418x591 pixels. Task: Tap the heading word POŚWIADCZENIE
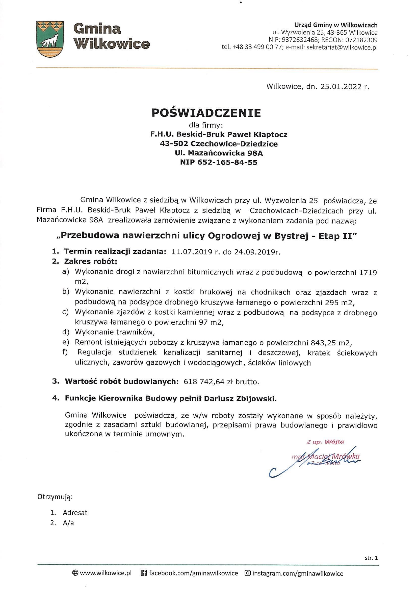click(x=206, y=113)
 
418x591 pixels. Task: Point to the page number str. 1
click(x=371, y=558)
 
